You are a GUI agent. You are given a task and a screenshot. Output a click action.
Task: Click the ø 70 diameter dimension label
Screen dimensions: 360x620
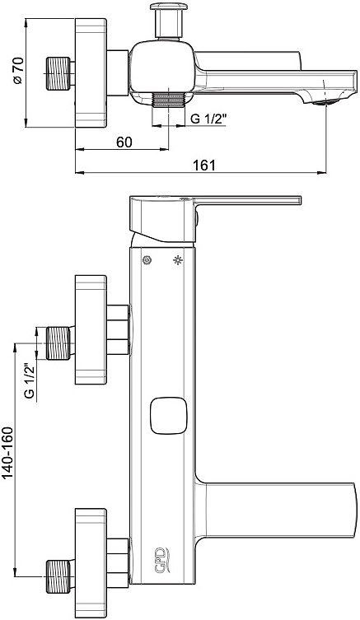[19, 70]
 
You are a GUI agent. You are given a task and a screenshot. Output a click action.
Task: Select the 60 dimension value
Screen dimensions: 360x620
[124, 142]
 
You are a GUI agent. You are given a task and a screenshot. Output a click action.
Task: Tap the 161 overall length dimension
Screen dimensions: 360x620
[205, 165]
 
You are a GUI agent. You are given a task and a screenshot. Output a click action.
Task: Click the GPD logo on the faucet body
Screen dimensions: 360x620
[161, 560]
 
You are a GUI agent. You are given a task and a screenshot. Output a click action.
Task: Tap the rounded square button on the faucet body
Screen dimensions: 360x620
[167, 415]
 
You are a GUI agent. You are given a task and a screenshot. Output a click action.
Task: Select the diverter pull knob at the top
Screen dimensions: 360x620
[168, 19]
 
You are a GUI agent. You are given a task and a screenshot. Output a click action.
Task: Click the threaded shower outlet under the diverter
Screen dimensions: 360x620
[169, 100]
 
